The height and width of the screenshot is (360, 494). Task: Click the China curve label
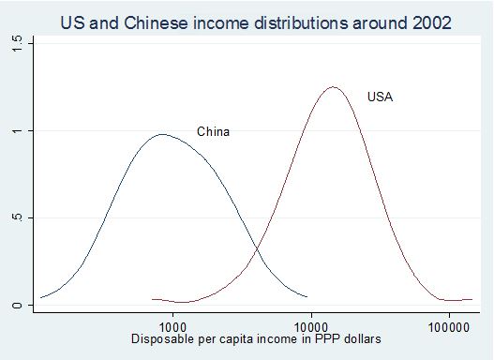(x=213, y=132)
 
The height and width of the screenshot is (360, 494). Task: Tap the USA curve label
(x=380, y=97)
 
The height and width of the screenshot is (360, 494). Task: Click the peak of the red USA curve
(x=333, y=87)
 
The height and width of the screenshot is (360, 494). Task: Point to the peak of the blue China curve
(x=164, y=134)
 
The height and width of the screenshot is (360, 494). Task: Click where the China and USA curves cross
(x=257, y=249)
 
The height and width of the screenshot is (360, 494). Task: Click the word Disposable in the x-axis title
(x=161, y=337)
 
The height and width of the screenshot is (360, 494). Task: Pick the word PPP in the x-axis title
(x=316, y=337)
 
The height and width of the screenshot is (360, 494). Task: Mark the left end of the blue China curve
(x=40, y=298)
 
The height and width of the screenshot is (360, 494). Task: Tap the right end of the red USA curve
(x=472, y=299)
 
